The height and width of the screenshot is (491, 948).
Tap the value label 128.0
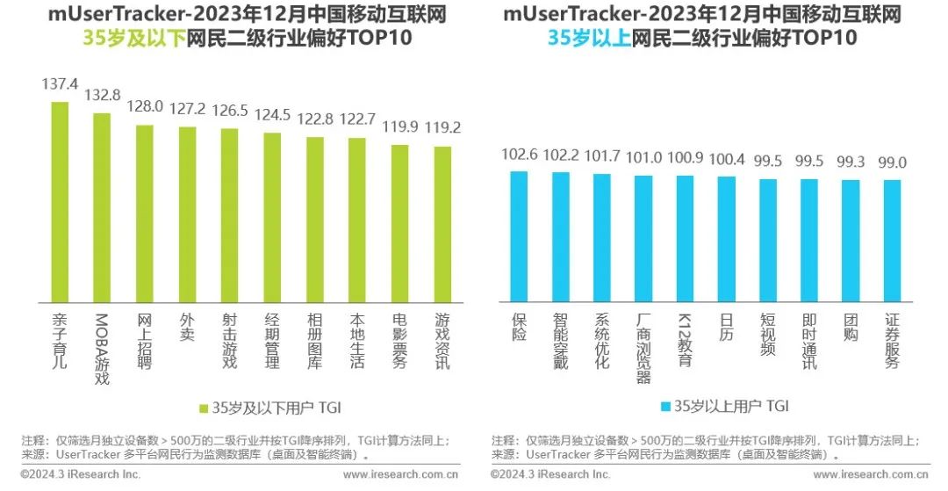click(145, 106)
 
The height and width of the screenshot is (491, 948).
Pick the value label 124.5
click(272, 114)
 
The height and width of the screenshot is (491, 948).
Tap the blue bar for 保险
click(519, 235)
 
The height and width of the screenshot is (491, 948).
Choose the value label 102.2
click(560, 154)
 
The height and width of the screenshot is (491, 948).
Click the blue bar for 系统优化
click(602, 236)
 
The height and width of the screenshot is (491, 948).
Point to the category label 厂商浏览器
click(643, 348)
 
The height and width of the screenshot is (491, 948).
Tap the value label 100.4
click(727, 159)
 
